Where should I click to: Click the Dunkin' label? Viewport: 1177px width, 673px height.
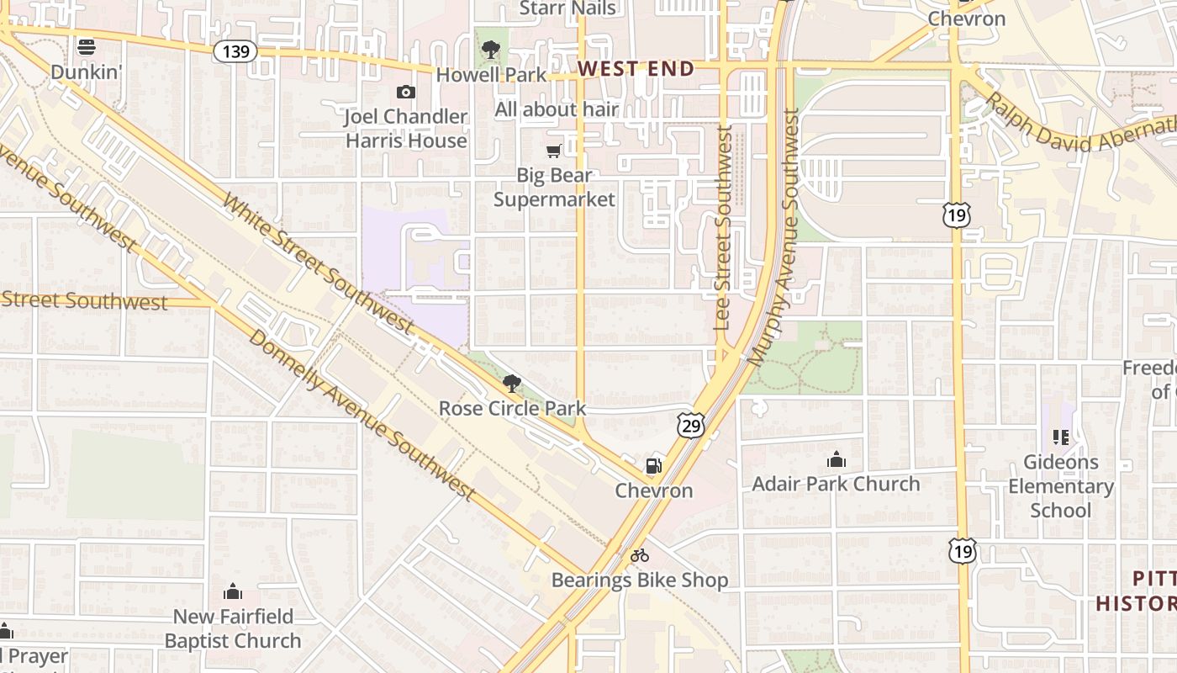pyautogui.click(x=87, y=72)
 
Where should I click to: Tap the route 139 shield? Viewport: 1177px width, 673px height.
pyautogui.click(x=235, y=52)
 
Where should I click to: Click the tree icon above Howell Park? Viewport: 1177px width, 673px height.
pyautogui.click(x=491, y=50)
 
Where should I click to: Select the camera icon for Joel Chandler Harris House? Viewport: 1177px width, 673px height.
pyautogui.click(x=406, y=92)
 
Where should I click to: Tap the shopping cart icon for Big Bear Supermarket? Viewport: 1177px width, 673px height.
pyautogui.click(x=553, y=151)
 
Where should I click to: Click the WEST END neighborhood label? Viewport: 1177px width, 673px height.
pyautogui.click(x=636, y=69)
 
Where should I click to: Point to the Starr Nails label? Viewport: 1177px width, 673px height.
pyautogui.click(x=567, y=8)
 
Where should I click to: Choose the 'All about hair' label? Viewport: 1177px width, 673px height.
pyautogui.click(x=557, y=109)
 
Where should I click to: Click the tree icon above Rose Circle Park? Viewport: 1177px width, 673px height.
pyautogui.click(x=511, y=384)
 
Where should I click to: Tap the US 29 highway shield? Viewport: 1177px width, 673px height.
pyautogui.click(x=691, y=426)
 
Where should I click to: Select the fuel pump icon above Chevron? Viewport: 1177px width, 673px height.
pyautogui.click(x=653, y=466)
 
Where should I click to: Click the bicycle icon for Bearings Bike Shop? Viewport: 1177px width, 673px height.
pyautogui.click(x=640, y=555)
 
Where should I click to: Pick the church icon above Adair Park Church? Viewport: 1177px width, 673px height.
pyautogui.click(x=836, y=459)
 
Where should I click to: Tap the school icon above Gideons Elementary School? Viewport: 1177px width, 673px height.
pyautogui.click(x=1060, y=437)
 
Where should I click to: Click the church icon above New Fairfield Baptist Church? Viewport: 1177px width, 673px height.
pyautogui.click(x=233, y=592)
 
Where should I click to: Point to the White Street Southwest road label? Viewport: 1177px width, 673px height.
pyautogui.click(x=319, y=266)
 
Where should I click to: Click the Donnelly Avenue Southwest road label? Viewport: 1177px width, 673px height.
pyautogui.click(x=363, y=417)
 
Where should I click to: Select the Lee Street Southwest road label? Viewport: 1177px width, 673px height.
pyautogui.click(x=723, y=227)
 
